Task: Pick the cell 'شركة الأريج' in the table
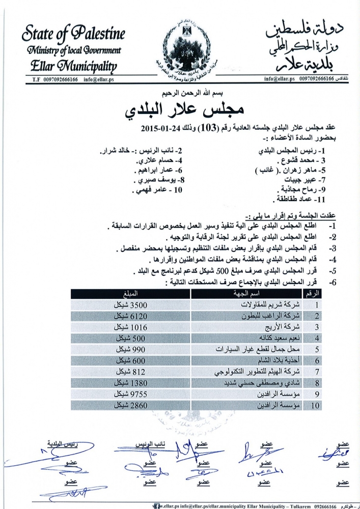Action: pos(281,327)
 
